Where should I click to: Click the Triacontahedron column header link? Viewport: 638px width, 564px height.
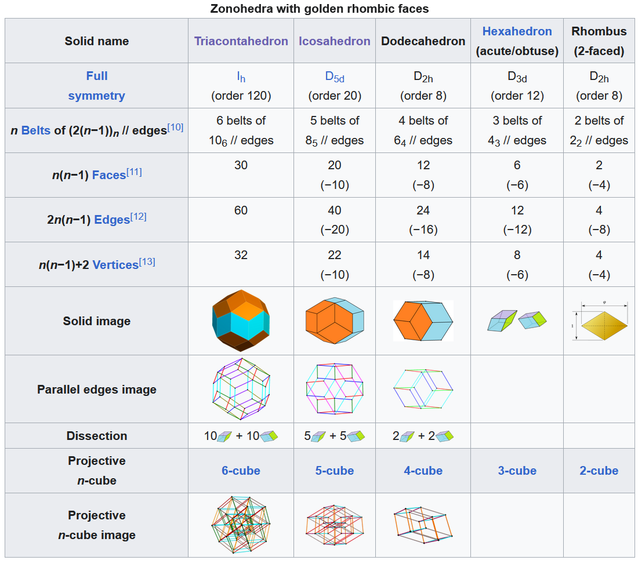click(x=241, y=41)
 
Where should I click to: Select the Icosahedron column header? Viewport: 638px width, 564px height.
click(x=335, y=41)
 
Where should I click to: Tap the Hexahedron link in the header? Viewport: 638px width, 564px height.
click(x=517, y=31)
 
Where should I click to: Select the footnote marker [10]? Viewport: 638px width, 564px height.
click(x=175, y=127)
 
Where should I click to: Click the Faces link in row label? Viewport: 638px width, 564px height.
click(x=109, y=175)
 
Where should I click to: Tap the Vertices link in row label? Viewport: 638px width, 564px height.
click(x=115, y=264)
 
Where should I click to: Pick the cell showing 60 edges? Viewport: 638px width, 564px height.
click(x=241, y=210)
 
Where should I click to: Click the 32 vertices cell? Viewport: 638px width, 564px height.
click(x=241, y=255)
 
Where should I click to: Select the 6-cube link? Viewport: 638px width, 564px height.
click(x=241, y=471)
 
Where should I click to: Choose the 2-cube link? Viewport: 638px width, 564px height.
click(x=599, y=471)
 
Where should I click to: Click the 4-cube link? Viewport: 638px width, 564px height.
click(x=423, y=471)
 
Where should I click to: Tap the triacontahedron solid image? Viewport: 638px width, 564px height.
click(x=241, y=321)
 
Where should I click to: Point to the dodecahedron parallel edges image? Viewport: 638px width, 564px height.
click(x=423, y=388)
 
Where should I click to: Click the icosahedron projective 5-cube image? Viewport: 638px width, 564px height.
click(x=335, y=525)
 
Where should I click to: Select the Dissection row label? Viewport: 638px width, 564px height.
click(x=96, y=436)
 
